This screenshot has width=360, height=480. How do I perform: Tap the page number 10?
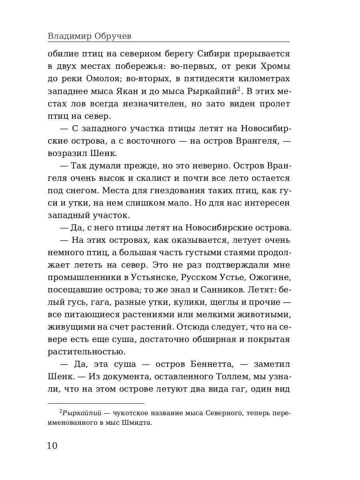pos(52,446)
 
